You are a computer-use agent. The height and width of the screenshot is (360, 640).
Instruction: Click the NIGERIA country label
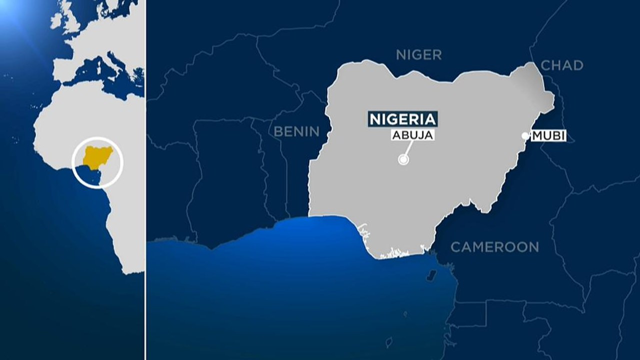402,119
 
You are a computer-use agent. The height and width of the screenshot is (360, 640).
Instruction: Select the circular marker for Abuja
403,160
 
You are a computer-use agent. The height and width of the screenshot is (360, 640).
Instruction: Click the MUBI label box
548,135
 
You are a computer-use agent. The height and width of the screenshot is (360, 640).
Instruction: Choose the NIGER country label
418,55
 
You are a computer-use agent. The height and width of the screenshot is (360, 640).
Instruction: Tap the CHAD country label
562,65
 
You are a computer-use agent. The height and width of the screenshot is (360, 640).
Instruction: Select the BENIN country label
296,131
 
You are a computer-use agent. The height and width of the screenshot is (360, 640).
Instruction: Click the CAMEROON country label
494,246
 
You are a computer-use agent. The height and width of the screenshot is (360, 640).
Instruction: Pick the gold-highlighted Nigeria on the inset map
97,156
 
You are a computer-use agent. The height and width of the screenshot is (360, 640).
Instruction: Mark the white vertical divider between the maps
145,180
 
